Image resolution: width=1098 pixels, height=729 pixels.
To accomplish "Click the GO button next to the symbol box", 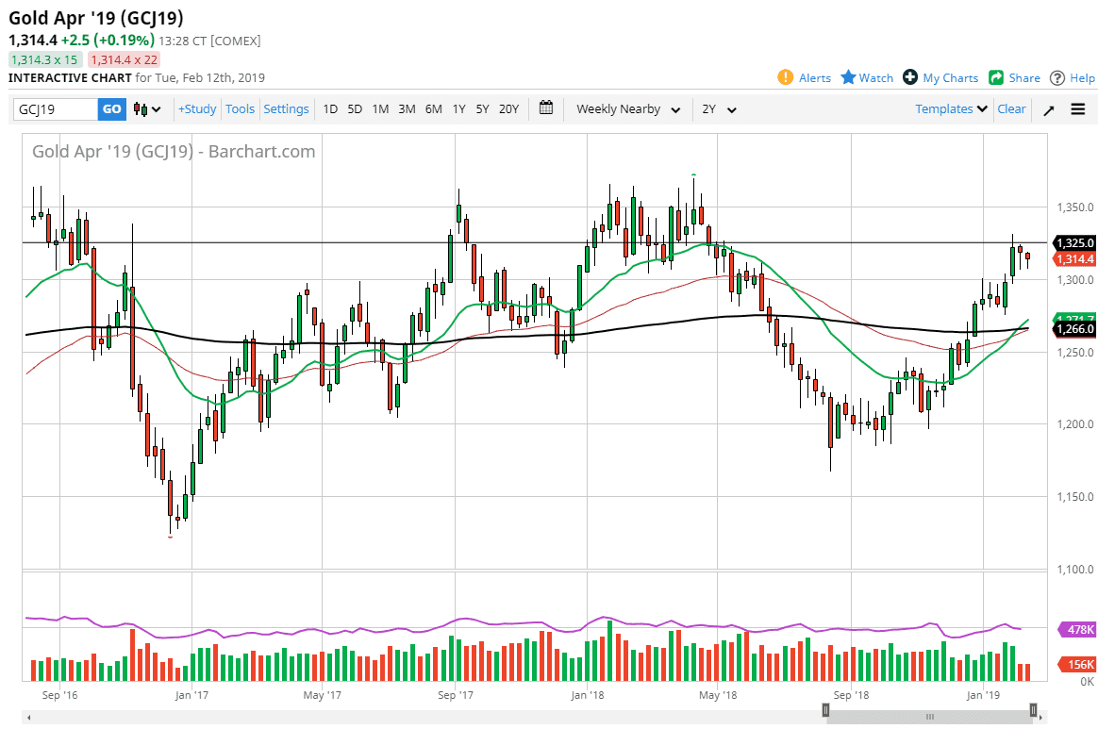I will (111, 109).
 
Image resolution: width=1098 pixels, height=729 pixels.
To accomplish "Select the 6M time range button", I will (433, 109).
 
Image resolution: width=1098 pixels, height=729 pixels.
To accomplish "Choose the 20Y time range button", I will (508, 109).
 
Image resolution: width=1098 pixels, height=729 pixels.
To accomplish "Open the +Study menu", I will (197, 109).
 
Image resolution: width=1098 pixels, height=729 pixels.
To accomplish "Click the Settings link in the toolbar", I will (286, 109).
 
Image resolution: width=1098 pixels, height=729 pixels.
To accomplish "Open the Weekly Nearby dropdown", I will (628, 109).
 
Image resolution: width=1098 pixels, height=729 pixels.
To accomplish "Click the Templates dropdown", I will (951, 109).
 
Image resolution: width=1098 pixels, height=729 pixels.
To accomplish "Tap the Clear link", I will (1011, 109).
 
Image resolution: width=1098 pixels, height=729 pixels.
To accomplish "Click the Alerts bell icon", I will (785, 77).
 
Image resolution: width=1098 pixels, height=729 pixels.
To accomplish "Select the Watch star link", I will (867, 77).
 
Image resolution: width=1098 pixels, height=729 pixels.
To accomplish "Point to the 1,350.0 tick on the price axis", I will (1073, 207).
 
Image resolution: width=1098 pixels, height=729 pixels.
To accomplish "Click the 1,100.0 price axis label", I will (1073, 570).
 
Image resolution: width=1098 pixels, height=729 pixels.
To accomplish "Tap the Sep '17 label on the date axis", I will (455, 696).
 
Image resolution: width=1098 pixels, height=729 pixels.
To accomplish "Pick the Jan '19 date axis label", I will (983, 696).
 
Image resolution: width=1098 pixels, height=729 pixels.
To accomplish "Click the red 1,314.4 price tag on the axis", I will (1074, 258).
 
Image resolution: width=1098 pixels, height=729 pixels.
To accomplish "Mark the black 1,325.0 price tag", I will (1074, 242).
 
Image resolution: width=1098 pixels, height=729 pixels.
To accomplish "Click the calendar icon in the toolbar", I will (546, 108).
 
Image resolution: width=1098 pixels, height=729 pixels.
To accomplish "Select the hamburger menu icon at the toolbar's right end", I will (1078, 109).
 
